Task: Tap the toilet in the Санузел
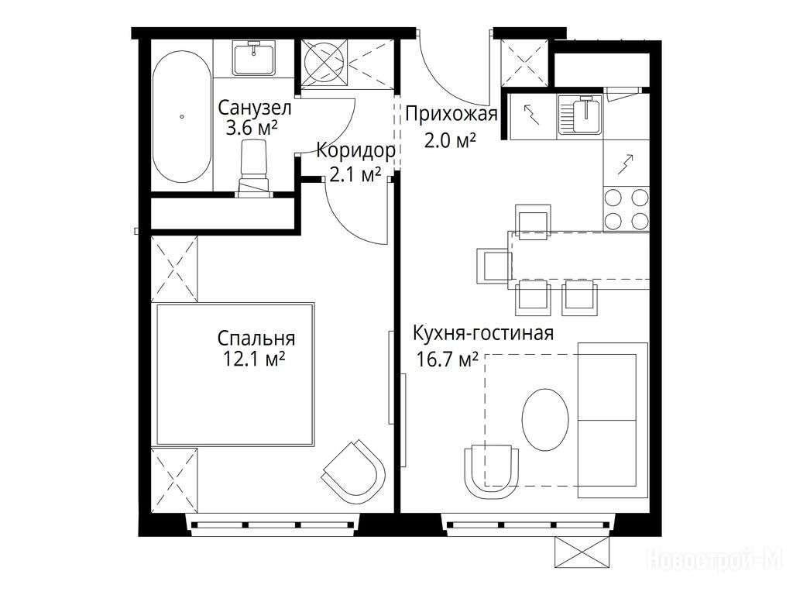tap(253, 168)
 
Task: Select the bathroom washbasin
tap(254, 58)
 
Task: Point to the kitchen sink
tap(581, 116)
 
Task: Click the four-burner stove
tap(626, 209)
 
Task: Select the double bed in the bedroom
tap(235, 374)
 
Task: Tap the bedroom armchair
tap(354, 469)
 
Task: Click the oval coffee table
tap(544, 419)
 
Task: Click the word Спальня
tap(256, 338)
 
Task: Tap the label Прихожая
tap(451, 115)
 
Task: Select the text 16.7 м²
tap(447, 359)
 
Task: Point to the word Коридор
tap(355, 151)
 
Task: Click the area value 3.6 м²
tap(252, 128)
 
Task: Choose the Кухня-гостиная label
tap(483, 334)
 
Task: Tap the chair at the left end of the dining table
tap(493, 266)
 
